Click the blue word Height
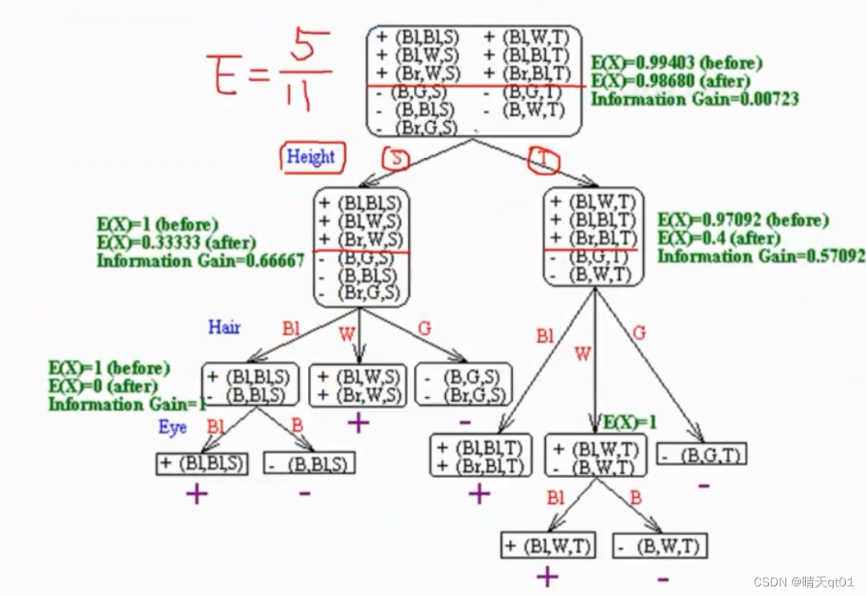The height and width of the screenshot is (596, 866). coord(310,157)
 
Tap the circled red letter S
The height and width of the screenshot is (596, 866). coord(396,160)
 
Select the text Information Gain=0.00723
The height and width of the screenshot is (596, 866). coord(695,99)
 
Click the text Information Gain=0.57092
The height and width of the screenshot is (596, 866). coord(761,257)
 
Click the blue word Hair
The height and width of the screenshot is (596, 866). coord(224,327)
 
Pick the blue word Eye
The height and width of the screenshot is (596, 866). coord(172,428)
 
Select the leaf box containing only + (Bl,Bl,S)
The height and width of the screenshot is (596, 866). coord(202,464)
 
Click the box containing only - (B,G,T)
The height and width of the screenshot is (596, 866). coord(702,456)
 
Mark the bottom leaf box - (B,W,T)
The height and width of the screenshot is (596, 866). coord(660,546)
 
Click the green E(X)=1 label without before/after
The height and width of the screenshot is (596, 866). coord(629,423)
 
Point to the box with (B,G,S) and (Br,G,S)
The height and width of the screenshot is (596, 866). coord(463,385)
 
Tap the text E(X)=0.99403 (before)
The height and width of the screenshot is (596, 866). coord(677,63)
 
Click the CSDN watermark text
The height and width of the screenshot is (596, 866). coord(803,581)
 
